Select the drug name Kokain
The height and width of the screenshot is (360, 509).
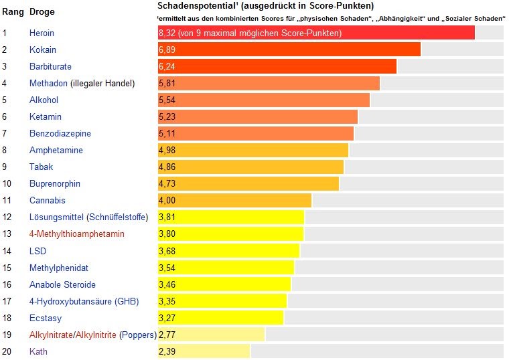coord(43,50)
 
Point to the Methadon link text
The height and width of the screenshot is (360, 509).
coord(48,84)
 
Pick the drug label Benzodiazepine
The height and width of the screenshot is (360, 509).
coord(60,134)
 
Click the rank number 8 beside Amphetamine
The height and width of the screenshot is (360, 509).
coord(5,151)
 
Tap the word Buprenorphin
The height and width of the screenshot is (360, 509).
coord(55,184)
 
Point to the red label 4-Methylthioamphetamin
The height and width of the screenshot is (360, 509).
coord(77,234)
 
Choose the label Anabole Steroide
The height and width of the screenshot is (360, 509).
coord(62,284)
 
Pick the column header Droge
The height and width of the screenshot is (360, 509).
coord(42,12)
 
